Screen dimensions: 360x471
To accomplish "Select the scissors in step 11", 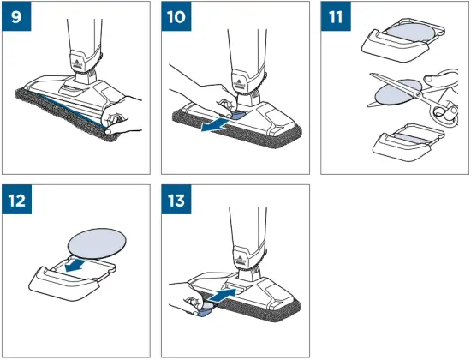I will [402, 95].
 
